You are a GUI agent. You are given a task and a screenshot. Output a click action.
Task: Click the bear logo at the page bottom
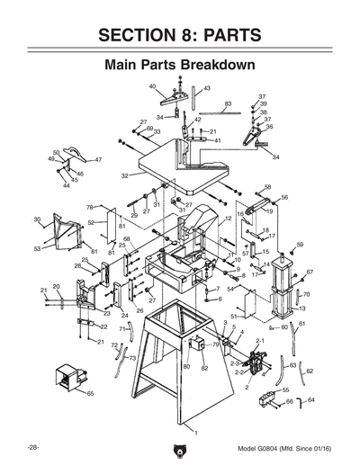(x=180, y=448)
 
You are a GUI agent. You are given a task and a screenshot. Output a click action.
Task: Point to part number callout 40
(x=153, y=86)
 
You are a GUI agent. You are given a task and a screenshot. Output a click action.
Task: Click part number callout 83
(x=228, y=104)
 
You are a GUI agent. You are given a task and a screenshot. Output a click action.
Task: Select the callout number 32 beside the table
(x=125, y=176)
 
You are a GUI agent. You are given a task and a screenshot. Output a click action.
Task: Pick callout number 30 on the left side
(x=37, y=219)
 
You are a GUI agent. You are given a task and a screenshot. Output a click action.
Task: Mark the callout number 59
(x=301, y=245)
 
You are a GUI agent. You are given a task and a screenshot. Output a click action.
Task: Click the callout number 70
(x=306, y=294)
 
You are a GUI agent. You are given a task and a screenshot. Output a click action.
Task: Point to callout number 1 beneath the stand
(x=186, y=429)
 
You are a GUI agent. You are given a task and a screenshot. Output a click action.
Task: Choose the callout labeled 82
(x=204, y=368)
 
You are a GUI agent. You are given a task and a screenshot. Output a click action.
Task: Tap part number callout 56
(x=284, y=197)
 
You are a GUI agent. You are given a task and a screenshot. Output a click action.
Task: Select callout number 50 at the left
(x=56, y=153)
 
